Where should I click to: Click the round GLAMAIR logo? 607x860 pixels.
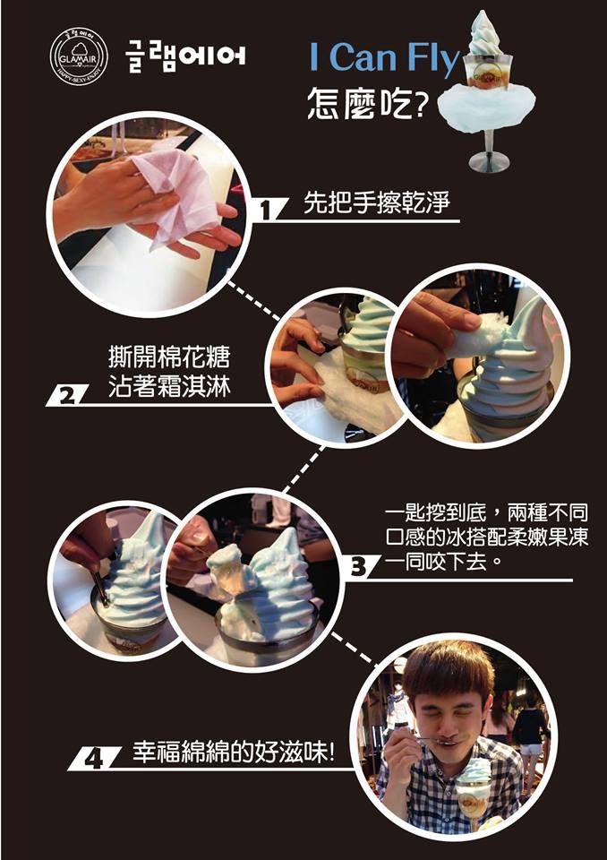point(79,56)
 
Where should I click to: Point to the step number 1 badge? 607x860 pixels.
point(267,210)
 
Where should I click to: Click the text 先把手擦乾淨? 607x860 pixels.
point(376,202)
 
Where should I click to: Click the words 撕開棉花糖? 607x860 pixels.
point(169,357)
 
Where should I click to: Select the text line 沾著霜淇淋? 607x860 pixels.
point(169,385)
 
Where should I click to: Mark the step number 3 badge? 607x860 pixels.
point(359,566)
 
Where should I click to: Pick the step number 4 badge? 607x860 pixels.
point(93,759)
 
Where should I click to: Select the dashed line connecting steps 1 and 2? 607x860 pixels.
point(254,301)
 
